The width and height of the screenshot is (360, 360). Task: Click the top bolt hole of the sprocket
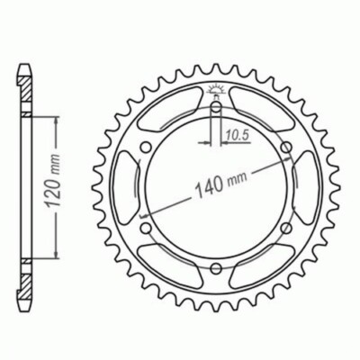216,108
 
